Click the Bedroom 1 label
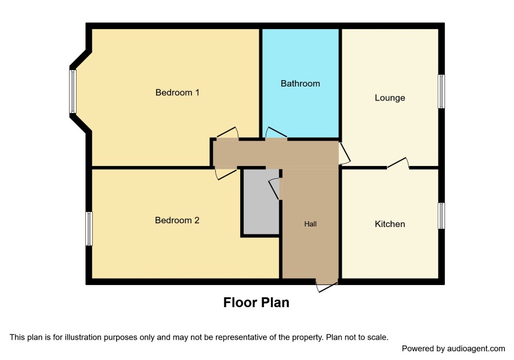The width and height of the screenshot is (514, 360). click(x=177, y=92)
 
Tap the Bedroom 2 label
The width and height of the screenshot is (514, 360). click(x=177, y=220)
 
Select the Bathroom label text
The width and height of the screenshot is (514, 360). click(x=301, y=84)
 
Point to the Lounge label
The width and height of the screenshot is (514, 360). click(x=390, y=98)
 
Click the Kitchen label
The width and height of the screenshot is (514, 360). click(x=390, y=224)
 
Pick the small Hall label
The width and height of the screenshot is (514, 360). click(x=310, y=224)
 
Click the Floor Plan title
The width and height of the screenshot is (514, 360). click(x=256, y=303)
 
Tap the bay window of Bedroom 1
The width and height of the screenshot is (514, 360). click(x=73, y=92)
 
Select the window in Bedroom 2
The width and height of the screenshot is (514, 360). click(x=89, y=228)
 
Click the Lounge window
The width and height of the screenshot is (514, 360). click(x=441, y=91)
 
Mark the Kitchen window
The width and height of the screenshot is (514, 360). click(x=441, y=215)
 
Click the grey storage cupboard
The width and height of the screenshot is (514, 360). click(x=261, y=201)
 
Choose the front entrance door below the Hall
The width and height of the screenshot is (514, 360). click(x=327, y=286)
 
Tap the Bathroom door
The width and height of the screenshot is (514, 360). click(x=276, y=132)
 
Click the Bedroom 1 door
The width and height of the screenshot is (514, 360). click(x=228, y=132)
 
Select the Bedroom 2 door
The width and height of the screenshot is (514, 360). click(x=226, y=174)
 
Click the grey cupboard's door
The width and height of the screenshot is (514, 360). click(x=274, y=189)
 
